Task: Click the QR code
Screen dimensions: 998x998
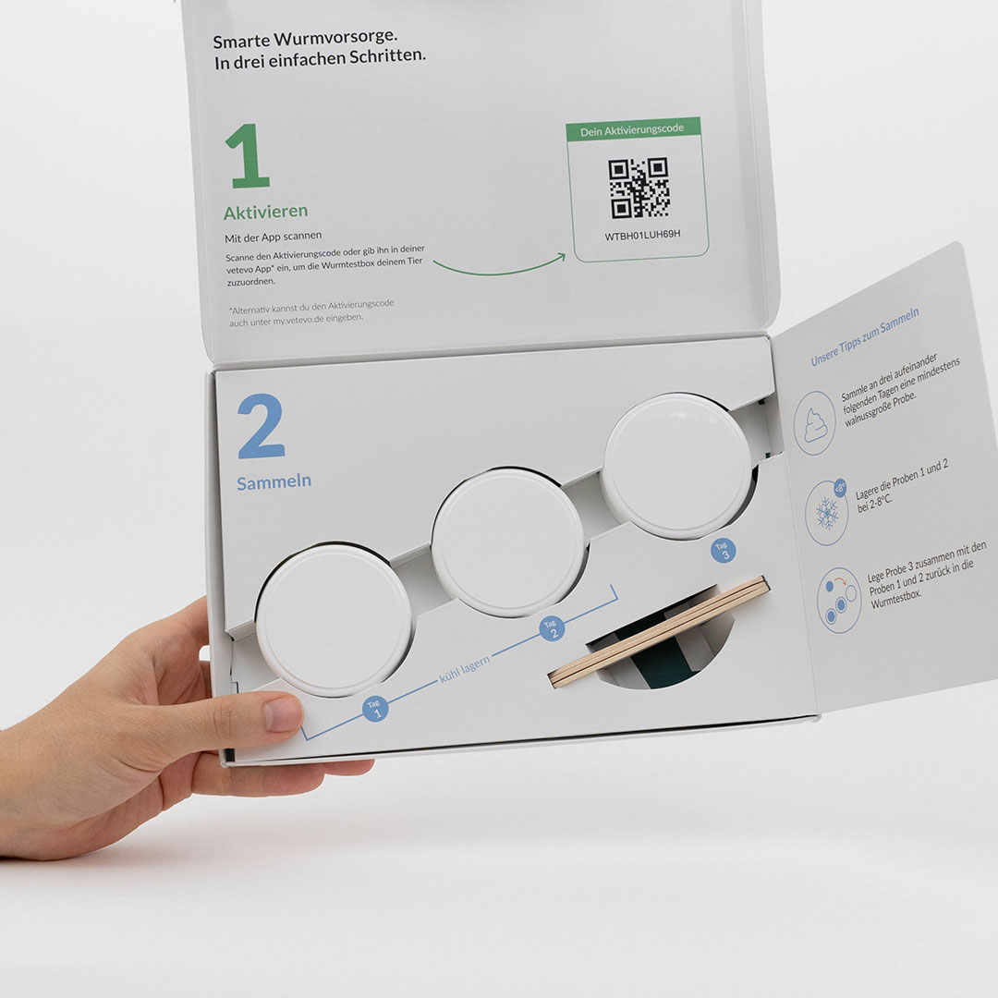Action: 639,188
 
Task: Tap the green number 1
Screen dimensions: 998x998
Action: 248,156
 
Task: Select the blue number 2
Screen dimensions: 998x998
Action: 261,426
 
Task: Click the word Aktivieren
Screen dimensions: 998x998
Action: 265,212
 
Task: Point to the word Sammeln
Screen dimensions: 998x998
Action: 274,481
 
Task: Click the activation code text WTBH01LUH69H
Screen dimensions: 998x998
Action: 642,235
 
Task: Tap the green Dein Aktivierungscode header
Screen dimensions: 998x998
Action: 633,130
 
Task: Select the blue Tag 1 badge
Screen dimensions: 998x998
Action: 375,709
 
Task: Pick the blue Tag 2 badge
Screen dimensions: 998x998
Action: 552,628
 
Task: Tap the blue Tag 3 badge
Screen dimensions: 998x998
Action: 724,550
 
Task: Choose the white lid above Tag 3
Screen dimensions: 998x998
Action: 678,466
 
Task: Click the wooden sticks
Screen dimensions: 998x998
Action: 660,631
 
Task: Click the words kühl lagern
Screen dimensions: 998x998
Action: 465,669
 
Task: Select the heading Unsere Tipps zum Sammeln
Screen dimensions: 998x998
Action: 865,336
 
